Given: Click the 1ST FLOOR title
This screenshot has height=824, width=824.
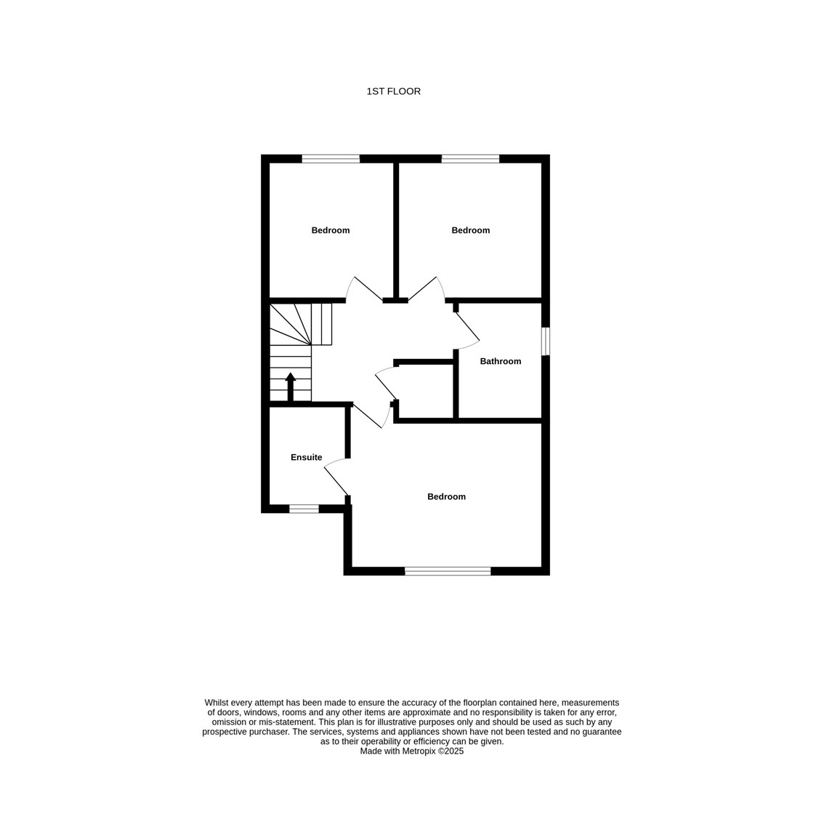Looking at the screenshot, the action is [x=393, y=92].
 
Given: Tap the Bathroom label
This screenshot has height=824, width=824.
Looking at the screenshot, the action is [x=500, y=361].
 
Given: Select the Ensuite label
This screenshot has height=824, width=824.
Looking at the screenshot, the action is [x=307, y=457].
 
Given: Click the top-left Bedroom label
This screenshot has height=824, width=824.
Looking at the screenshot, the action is [x=330, y=230].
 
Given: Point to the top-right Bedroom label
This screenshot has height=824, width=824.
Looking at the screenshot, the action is [x=470, y=230].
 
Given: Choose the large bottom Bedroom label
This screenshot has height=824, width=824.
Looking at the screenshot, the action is [x=446, y=496].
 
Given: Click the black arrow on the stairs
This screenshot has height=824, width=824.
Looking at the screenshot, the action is [x=290, y=387].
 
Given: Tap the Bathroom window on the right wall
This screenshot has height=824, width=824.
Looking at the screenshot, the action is [x=546, y=341].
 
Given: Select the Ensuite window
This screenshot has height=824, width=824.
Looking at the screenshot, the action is [x=304, y=509].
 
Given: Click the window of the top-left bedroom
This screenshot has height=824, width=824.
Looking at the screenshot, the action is [x=331, y=158].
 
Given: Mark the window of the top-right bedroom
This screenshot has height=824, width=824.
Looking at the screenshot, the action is [x=470, y=158].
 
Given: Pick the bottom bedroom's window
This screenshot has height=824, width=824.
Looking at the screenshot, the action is [x=448, y=571].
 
